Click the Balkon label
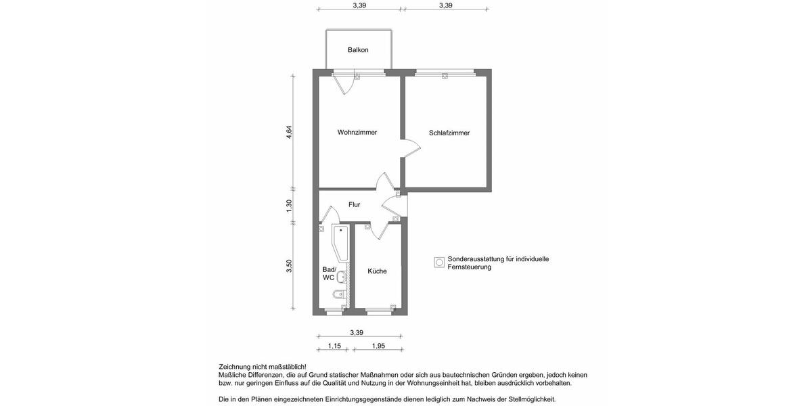click(358, 50)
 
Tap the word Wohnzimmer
click(357, 133)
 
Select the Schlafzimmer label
click(449, 133)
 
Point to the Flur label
click(354, 204)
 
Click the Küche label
click(377, 271)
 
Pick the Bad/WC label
click(329, 273)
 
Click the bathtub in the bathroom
click(339, 244)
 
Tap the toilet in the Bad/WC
click(339, 295)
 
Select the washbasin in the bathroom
click(342, 276)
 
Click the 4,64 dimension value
click(289, 133)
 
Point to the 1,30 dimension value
click(289, 206)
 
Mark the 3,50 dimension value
click(289, 266)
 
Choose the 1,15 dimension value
click(334, 346)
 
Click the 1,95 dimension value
click(378, 346)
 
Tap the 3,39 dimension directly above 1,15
click(357, 332)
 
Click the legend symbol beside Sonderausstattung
click(439, 263)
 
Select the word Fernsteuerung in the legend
click(469, 267)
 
